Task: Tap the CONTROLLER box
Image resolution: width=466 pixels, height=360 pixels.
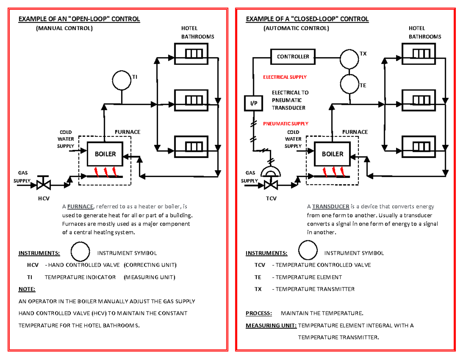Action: coord(293,57)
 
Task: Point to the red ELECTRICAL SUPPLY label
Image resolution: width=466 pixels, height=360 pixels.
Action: coord(285,77)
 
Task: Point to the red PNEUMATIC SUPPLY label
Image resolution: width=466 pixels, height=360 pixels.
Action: coord(285,123)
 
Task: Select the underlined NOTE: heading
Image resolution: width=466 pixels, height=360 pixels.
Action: coord(27,289)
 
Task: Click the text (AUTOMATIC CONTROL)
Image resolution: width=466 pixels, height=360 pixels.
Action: coord(296,28)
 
